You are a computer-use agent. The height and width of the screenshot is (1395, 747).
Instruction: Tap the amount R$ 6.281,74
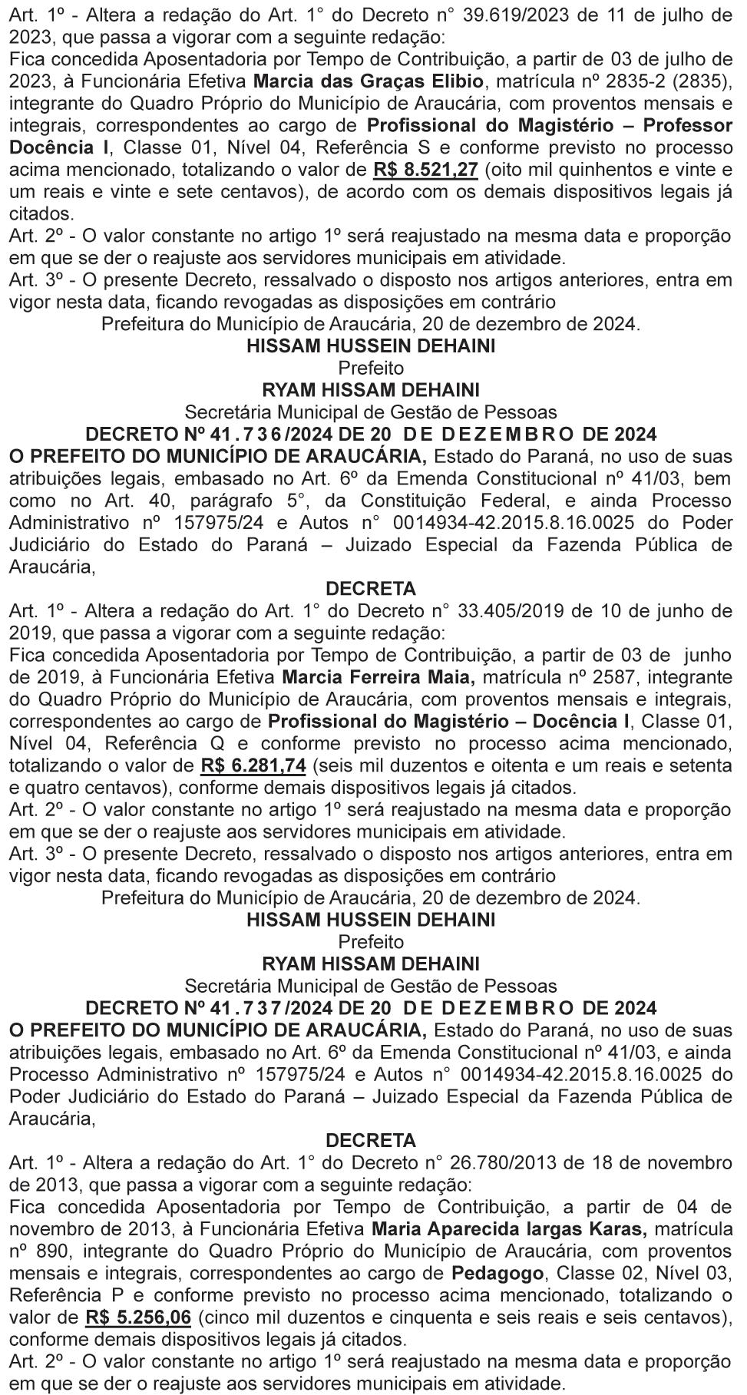point(253,765)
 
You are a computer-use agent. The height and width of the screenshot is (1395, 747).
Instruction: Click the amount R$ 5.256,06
point(138,1317)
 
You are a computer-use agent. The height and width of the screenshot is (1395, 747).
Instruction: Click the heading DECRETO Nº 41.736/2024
point(371,435)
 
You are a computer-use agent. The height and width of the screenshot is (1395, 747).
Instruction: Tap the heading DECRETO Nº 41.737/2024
point(371,1008)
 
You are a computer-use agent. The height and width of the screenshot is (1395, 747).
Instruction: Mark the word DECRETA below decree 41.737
point(371,1140)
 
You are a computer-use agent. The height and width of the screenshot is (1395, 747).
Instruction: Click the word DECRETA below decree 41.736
point(371,589)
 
